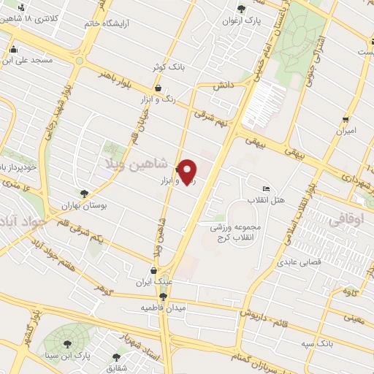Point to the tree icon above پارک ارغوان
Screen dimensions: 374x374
[241, 9]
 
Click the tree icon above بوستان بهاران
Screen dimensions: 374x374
[84, 194]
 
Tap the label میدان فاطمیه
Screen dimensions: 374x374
[164, 308]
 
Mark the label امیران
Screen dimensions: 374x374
[345, 131]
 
